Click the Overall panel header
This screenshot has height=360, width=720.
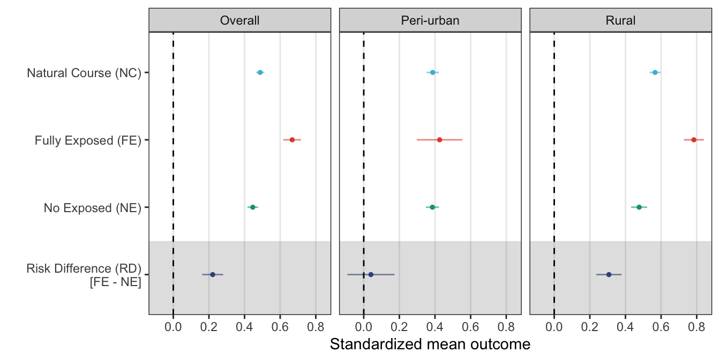(239, 20)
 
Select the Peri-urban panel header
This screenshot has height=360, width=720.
(430, 20)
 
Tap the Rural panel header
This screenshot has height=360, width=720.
(620, 20)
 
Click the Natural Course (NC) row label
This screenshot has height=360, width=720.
(84, 73)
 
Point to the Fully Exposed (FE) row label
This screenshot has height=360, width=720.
(87, 140)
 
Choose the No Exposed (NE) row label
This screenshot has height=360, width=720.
(92, 208)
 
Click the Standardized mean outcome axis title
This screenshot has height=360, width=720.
(430, 344)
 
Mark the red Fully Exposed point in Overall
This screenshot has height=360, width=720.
(292, 140)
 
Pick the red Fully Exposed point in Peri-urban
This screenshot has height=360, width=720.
(439, 140)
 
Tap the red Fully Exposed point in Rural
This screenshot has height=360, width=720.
(694, 140)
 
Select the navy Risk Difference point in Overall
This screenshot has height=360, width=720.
(212, 274)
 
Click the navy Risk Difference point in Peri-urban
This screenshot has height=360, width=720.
(371, 274)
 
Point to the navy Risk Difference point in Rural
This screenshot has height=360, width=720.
(609, 274)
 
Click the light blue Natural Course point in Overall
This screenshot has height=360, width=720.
(260, 72)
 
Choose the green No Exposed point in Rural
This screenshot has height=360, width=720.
(639, 207)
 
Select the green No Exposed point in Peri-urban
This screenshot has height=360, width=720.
(432, 207)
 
